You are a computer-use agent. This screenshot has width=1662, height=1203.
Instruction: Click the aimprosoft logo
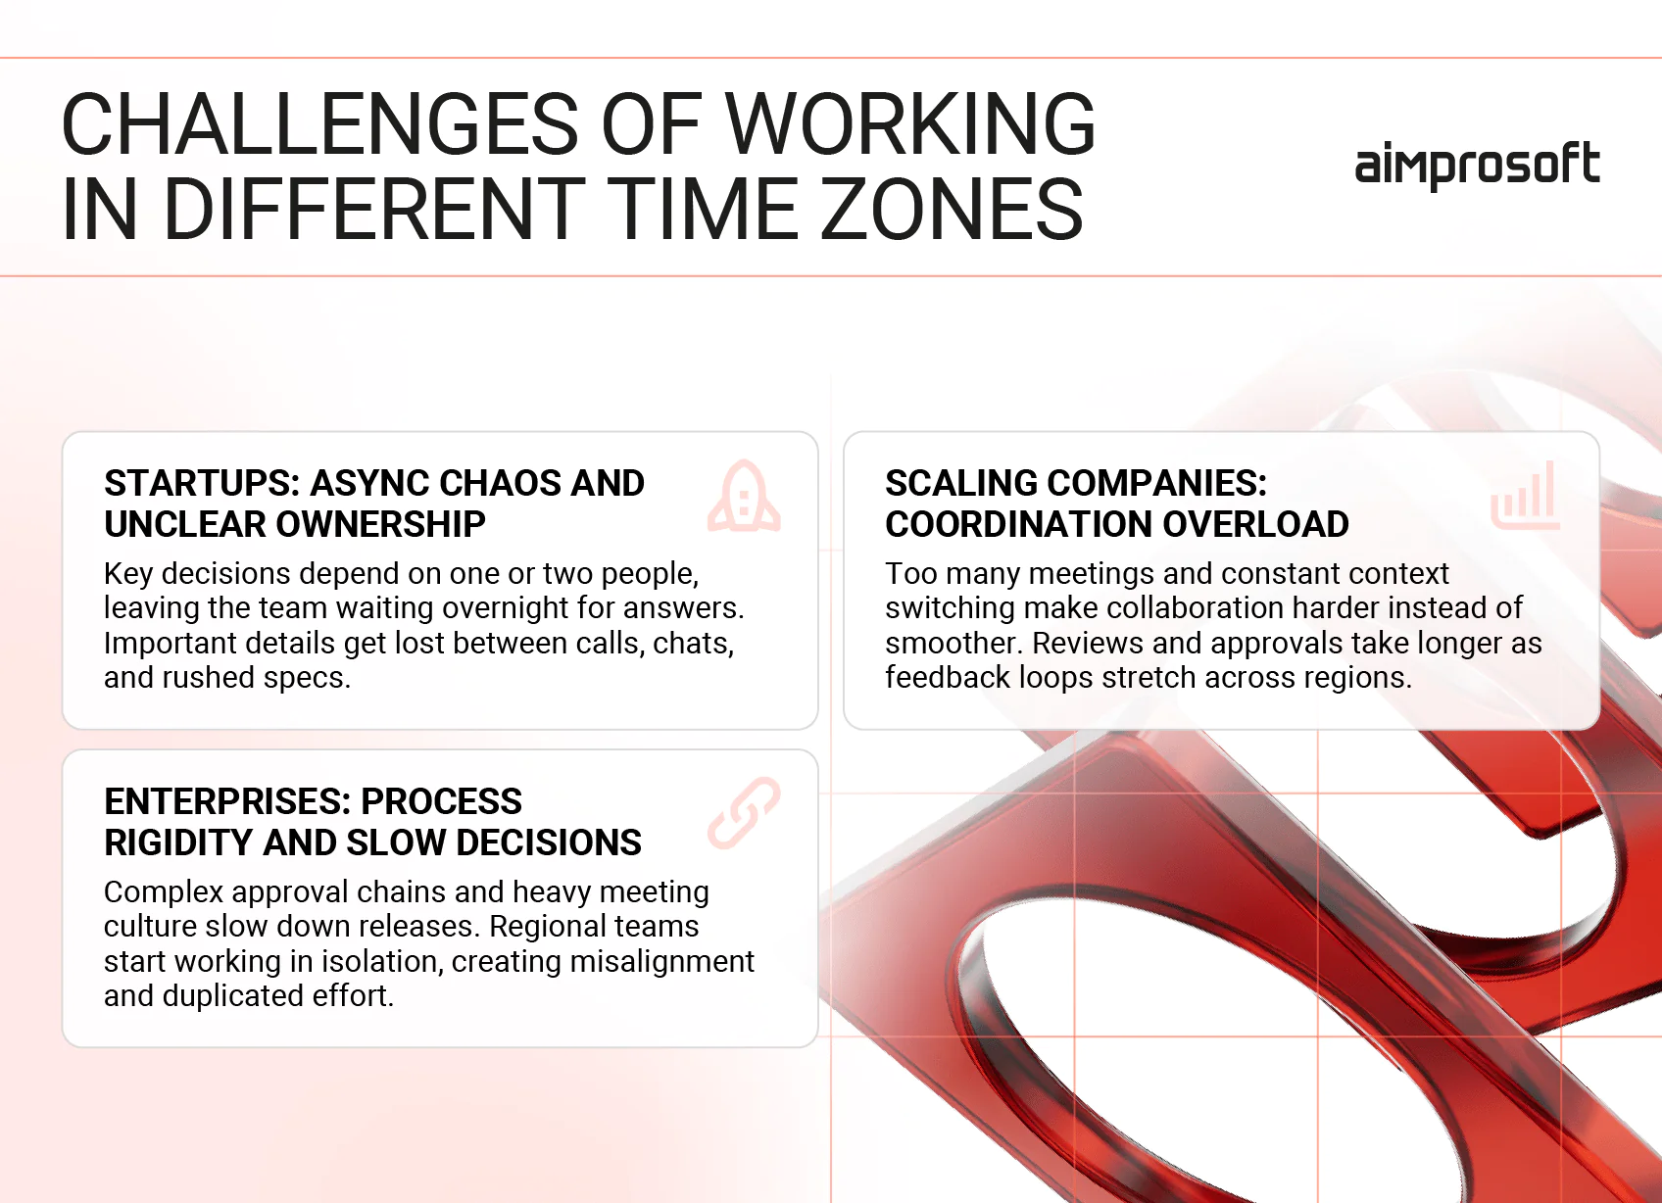(1477, 165)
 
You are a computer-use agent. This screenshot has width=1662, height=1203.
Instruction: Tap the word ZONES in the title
(951, 209)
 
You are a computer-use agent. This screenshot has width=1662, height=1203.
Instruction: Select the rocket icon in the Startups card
(745, 497)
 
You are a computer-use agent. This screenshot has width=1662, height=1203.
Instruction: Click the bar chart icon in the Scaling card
(1525, 496)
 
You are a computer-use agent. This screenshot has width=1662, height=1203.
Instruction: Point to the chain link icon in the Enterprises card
(745, 813)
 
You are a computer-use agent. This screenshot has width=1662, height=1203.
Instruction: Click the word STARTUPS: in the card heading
(202, 483)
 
